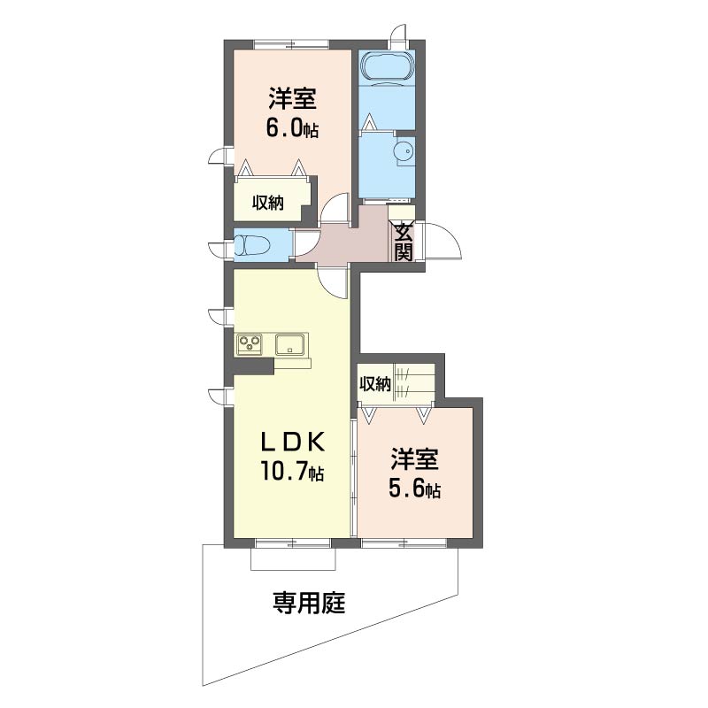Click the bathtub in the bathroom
pos(388,67)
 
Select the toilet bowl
pos(252,245)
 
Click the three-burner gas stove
pos(250,343)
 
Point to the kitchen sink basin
pos(291,344)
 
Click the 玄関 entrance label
pos(404,242)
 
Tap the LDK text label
pos(292,443)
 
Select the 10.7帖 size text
pos(291,471)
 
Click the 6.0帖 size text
pos(292,128)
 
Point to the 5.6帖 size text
pos(414,489)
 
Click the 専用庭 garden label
pos(309,603)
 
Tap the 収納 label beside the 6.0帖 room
pos(268,204)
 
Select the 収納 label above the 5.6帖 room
pos(374,384)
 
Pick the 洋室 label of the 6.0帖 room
pos(292,98)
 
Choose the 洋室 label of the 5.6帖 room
pos(414,458)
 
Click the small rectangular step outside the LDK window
pos(294,558)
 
